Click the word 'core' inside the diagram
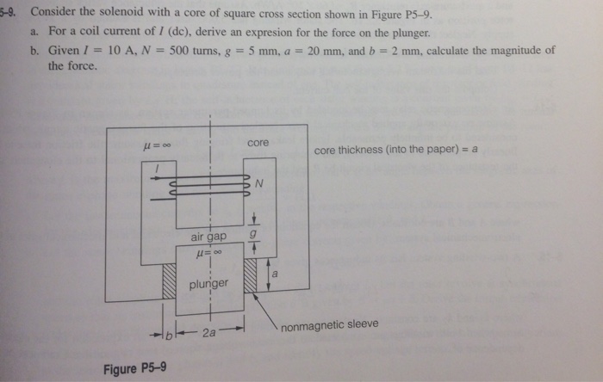coord(258,143)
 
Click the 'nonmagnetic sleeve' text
coord(329,324)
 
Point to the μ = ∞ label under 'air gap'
coord(205,254)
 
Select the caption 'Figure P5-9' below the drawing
coord(134,369)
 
